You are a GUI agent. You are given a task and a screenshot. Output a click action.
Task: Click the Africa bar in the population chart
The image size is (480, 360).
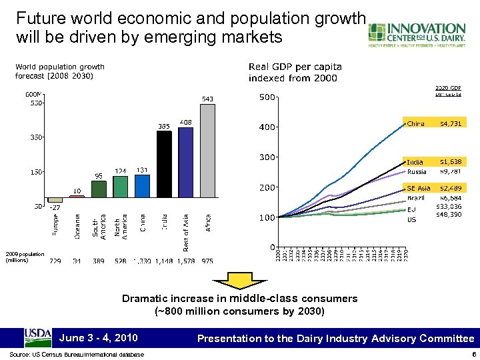click(x=208, y=151)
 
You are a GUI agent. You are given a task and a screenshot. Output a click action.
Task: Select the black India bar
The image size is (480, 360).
click(x=164, y=164)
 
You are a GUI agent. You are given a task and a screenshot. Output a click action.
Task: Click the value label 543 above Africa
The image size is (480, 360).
click(x=208, y=99)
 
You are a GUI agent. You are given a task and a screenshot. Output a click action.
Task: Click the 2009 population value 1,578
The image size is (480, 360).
click(x=186, y=261)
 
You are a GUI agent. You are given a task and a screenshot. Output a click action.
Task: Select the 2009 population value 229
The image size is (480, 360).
click(x=56, y=261)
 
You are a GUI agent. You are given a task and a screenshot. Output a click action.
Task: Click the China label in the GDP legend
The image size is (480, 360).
click(x=416, y=123)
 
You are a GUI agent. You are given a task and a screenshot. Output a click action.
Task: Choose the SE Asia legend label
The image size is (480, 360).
click(x=419, y=189)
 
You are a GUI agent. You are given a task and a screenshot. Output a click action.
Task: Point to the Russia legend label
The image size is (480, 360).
click(x=417, y=171)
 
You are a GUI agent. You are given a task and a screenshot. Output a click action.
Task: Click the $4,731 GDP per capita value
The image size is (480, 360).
click(x=451, y=123)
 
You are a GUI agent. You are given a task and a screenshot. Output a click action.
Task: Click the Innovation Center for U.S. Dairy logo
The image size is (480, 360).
click(x=417, y=35)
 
